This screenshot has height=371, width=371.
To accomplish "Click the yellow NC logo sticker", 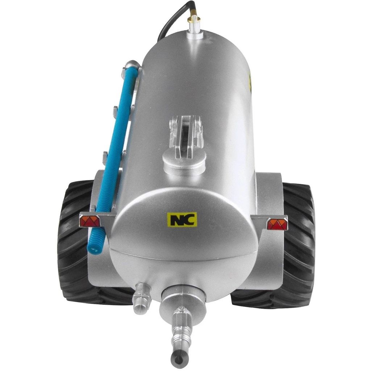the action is click(182, 219).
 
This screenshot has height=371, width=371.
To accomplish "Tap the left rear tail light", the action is click(90, 221).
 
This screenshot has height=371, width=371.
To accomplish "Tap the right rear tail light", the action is click(277, 224).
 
